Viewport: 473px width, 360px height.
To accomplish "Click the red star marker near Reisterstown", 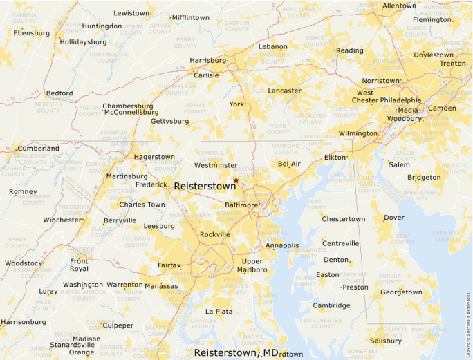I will pos(236,180).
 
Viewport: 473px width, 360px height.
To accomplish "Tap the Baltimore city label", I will pos(242,205).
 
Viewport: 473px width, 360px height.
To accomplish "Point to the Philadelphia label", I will pos(400,100).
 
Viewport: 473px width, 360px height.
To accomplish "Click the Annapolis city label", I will pos(281,245).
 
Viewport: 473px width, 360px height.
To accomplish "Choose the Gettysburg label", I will pos(170,121).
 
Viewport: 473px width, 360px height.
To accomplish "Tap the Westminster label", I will pos(216,166).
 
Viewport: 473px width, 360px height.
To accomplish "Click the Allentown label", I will pos(399,6).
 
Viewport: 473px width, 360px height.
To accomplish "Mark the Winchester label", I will pos(62,220).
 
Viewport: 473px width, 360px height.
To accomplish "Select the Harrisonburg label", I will pos(23,322).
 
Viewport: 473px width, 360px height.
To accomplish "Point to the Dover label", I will pos(393,218).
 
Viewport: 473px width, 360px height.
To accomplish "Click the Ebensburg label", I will pos(32,32).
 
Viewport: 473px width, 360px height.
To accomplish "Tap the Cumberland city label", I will pos(39,148).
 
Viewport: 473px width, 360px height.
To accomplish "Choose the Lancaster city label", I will pos(284,91).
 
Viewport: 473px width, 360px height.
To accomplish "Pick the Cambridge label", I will pos(331,305).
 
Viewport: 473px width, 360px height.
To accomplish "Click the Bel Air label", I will pos(289,164).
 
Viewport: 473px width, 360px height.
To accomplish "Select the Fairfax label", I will pos(169,265).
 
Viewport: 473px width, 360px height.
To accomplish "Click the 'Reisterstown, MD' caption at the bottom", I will pos(236,352).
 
